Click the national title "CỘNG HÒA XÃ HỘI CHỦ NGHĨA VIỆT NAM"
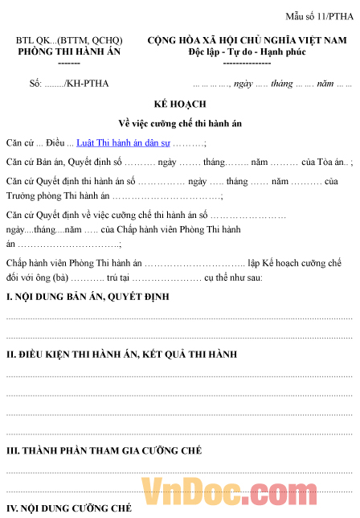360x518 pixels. (x=247, y=39)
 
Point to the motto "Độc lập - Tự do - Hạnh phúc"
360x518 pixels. (x=246, y=50)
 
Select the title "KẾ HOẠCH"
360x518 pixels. (x=179, y=105)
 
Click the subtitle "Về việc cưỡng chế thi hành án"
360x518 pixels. (x=179, y=124)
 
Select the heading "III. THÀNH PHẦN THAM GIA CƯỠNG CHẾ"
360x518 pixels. (x=104, y=451)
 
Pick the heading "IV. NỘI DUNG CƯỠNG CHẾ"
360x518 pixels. (x=69, y=508)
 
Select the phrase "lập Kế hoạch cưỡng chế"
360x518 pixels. (x=295, y=263)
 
